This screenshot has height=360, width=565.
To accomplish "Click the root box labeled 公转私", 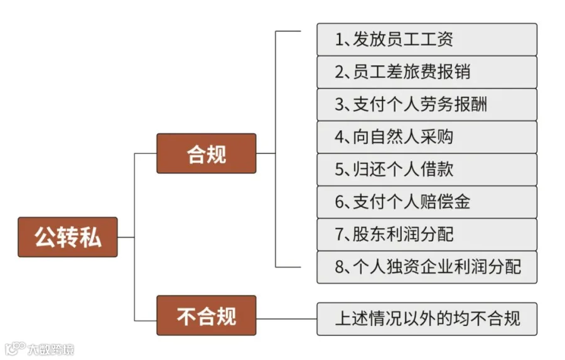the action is [x=68, y=237].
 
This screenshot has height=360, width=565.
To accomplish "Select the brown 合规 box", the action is [x=207, y=153].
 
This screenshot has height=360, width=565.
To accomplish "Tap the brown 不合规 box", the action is [x=207, y=315].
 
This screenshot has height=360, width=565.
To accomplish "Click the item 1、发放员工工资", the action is [x=427, y=40].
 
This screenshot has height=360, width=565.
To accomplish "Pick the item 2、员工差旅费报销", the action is [x=427, y=72].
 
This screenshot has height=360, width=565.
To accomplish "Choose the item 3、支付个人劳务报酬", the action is [x=427, y=104].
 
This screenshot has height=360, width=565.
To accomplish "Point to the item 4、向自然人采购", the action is [x=427, y=137].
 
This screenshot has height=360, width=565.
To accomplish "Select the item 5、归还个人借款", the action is [x=427, y=169].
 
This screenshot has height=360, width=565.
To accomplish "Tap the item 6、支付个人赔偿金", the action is [x=427, y=202].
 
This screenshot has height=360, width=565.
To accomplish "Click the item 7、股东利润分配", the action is [x=427, y=234].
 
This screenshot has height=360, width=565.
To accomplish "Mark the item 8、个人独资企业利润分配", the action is [x=427, y=267].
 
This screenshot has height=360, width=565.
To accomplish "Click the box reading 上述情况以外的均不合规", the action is [x=427, y=319].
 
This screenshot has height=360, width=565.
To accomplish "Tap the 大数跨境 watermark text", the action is [x=51, y=349].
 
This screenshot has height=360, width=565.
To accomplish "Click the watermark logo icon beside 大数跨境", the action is [x=15, y=349].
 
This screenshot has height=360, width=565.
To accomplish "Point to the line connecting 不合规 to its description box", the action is [x=286, y=319].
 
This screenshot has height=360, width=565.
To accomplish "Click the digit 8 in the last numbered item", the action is [x=339, y=267].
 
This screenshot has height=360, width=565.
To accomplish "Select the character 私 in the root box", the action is [x=90, y=237].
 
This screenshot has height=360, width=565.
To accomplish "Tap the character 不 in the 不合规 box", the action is [x=186, y=316].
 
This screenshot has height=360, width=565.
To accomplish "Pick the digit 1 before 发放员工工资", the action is [x=339, y=40].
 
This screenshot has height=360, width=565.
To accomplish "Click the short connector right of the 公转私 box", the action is [x=126, y=237].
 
